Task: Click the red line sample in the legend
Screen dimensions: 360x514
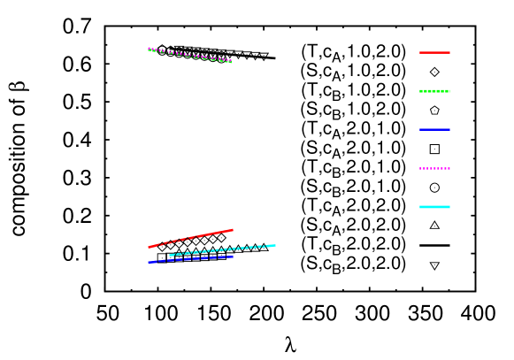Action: [434, 52]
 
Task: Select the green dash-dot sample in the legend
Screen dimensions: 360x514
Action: [434, 91]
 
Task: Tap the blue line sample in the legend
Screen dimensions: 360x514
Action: [434, 130]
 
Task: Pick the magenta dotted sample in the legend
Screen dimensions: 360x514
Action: [434, 168]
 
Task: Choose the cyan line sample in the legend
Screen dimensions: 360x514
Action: [434, 207]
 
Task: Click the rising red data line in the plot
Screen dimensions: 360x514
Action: [190, 238]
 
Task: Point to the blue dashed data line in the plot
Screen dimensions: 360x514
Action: [190, 259]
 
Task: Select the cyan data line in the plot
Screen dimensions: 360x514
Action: [222, 250]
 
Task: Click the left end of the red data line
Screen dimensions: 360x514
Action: [149, 247]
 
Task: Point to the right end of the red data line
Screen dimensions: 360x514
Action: [233, 230]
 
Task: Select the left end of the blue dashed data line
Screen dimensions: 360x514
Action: [149, 263]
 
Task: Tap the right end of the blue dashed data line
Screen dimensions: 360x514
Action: [233, 257]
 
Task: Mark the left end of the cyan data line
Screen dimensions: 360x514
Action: [170, 256]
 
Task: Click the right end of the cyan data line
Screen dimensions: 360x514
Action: [275, 245]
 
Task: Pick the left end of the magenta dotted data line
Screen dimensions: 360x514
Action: [149, 48]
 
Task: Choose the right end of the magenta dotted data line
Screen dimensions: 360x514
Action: [232, 61]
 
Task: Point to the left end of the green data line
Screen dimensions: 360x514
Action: [149, 50]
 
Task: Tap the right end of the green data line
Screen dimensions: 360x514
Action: [232, 62]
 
